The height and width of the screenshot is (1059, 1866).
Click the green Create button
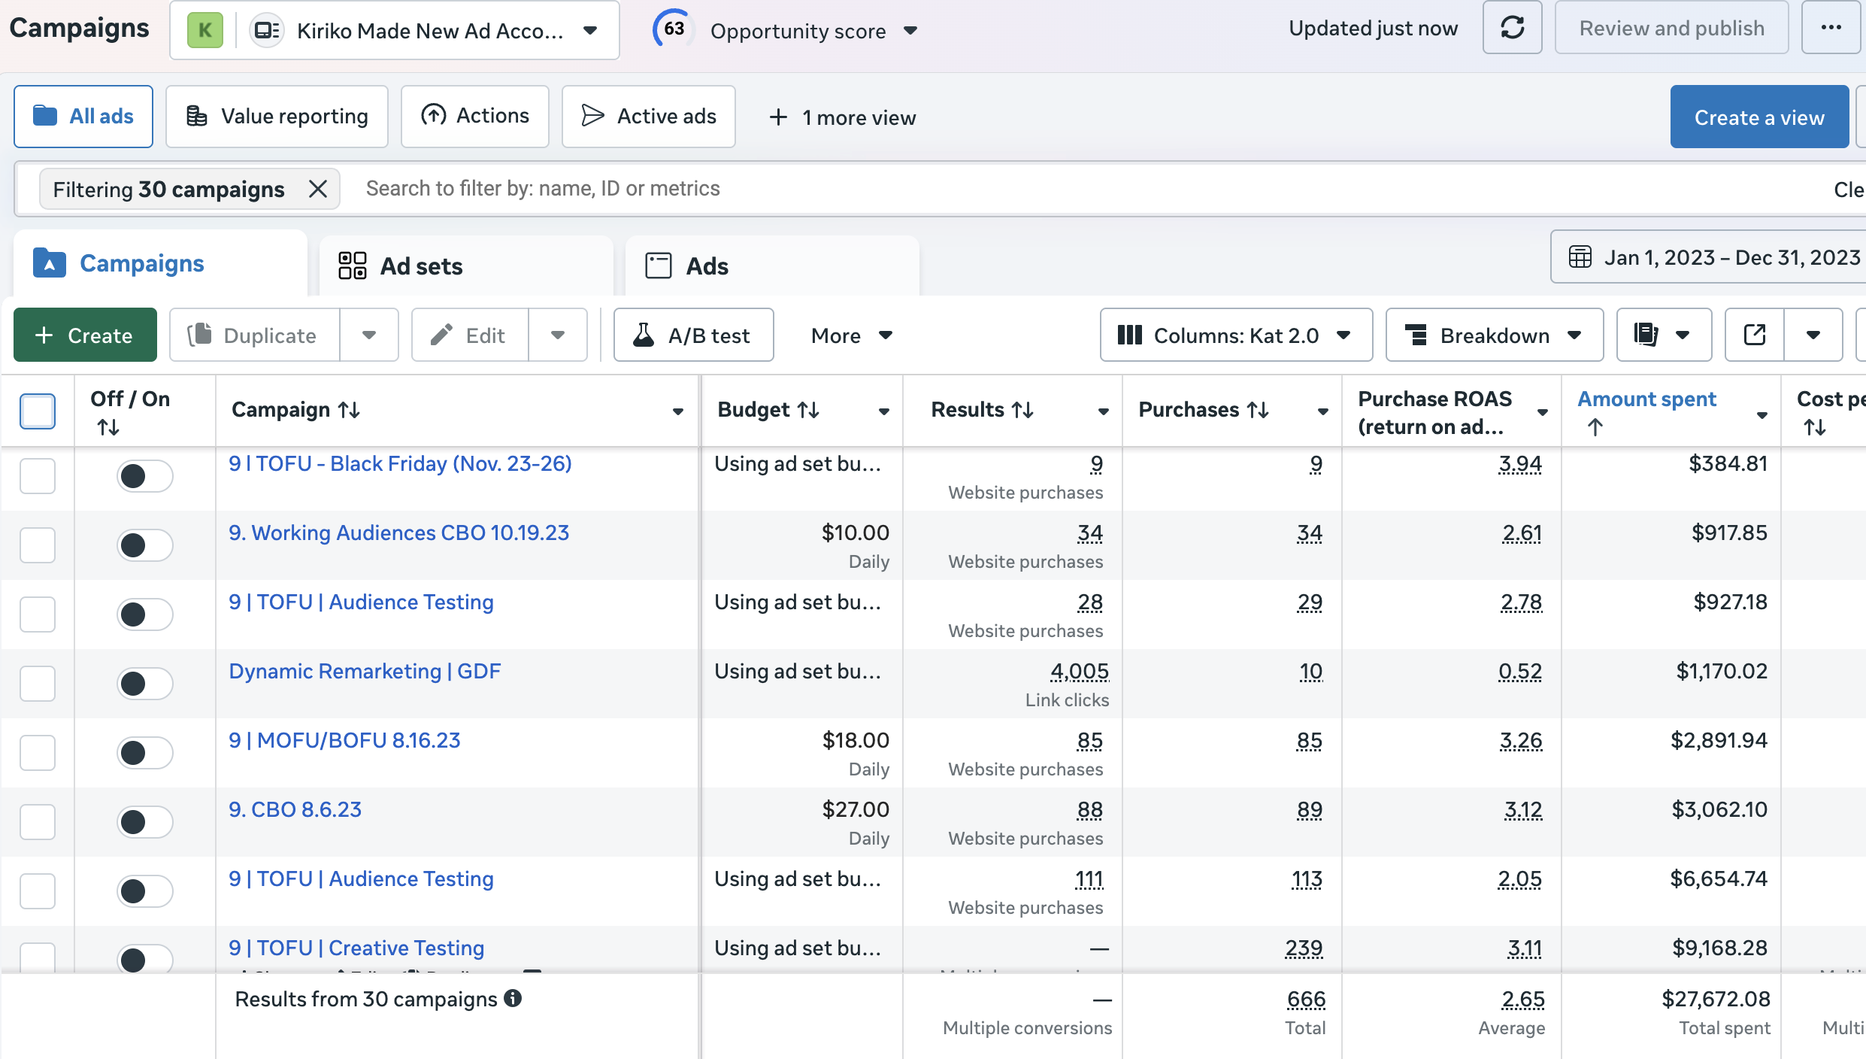click(x=85, y=335)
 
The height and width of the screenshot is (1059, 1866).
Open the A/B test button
click(x=693, y=335)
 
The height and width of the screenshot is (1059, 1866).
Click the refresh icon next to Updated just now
click(x=1512, y=29)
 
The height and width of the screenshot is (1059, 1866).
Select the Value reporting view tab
click(x=277, y=117)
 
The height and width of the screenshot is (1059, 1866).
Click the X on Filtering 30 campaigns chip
click(x=318, y=189)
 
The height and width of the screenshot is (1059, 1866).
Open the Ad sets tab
click(x=421, y=266)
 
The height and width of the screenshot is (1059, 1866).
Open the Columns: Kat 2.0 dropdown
click(x=1235, y=335)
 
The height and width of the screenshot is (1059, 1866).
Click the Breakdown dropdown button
click(x=1494, y=335)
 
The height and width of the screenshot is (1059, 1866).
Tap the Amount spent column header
click(x=1646, y=399)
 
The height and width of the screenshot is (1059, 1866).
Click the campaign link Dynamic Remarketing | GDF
click(x=365, y=671)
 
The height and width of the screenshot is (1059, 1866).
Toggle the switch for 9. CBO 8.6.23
click(x=144, y=822)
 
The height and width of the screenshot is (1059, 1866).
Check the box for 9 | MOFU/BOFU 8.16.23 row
click(x=38, y=753)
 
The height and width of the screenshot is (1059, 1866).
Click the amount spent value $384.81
click(x=1728, y=463)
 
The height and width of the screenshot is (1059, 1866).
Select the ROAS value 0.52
click(x=1519, y=671)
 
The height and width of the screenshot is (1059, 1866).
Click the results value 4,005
click(x=1079, y=671)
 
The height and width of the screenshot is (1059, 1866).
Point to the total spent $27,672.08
click(x=1716, y=999)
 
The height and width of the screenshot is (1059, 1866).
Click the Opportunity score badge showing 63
click(x=673, y=29)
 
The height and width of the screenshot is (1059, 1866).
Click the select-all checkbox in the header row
click(x=38, y=411)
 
